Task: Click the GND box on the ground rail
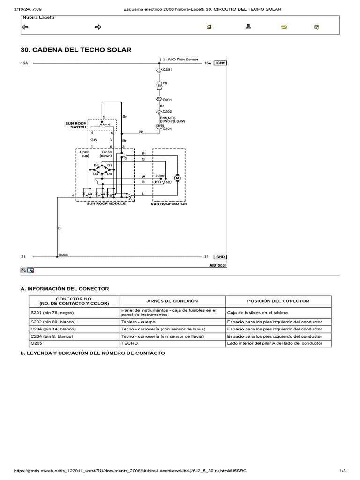[x=220, y=257]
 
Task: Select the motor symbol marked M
[x=177, y=178]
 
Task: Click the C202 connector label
[x=166, y=111]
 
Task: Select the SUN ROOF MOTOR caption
[x=169, y=204]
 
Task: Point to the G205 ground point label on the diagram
[x=63, y=255]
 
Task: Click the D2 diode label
[x=96, y=165]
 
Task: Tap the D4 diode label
[x=109, y=174]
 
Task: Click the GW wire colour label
[x=93, y=139]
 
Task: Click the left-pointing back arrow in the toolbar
[x=25, y=27]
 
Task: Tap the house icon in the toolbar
[x=209, y=27]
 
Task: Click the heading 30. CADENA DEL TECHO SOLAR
[x=76, y=50]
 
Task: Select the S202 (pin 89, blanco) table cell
[x=53, y=322]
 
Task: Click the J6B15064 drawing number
[x=218, y=265]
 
